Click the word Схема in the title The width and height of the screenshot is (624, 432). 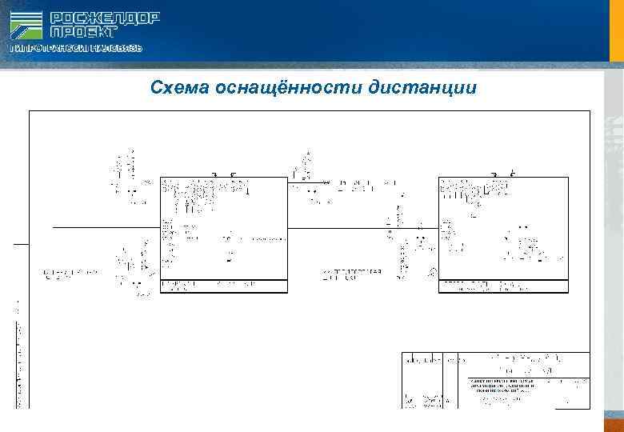[x=180, y=86]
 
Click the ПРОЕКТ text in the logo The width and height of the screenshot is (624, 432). [x=83, y=32]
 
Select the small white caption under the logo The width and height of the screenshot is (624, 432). [x=76, y=49]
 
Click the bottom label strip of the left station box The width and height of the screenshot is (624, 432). [x=223, y=286]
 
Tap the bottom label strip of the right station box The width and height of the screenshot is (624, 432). [x=503, y=286]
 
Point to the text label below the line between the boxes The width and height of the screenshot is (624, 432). [x=352, y=274]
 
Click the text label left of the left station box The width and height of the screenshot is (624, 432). [x=70, y=273]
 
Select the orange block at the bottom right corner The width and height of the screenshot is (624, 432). [x=612, y=422]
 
